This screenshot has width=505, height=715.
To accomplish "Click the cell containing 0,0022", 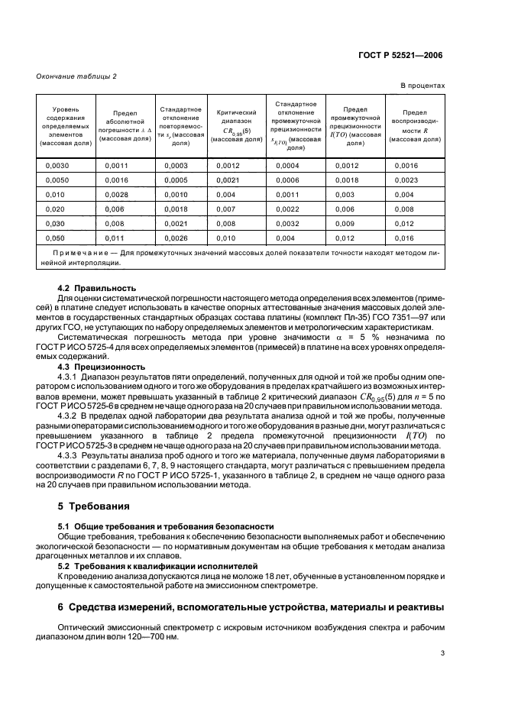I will pyautogui.click(x=287, y=209).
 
